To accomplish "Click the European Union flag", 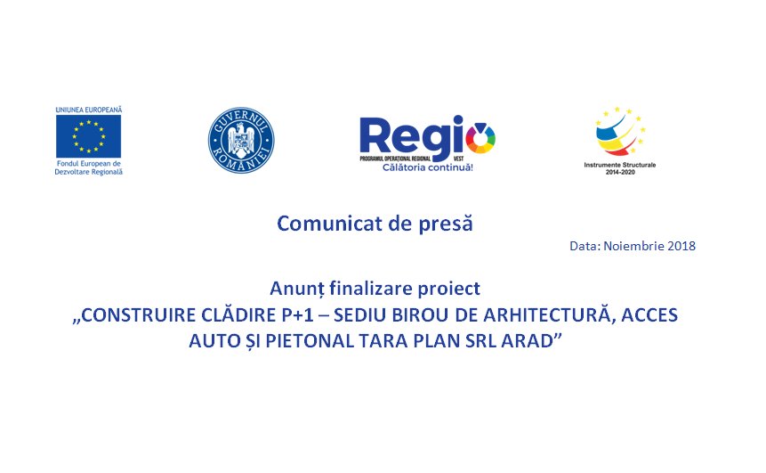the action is pos(88,136).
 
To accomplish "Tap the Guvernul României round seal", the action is pos(241,141).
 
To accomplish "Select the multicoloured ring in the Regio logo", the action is pos(480,137).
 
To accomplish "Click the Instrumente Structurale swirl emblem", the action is pos(620,132).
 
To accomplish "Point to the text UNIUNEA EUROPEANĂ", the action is pos(88,110).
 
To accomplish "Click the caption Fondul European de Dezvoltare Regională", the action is pos(88,167).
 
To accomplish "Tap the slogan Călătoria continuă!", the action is pos(427,167).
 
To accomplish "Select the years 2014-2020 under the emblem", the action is pos(620,172).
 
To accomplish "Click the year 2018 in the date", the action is pos(681,246).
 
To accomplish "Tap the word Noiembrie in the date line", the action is pos(633,246).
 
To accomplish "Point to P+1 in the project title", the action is pos(297,315).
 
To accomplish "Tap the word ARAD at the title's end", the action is pos(529,341).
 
